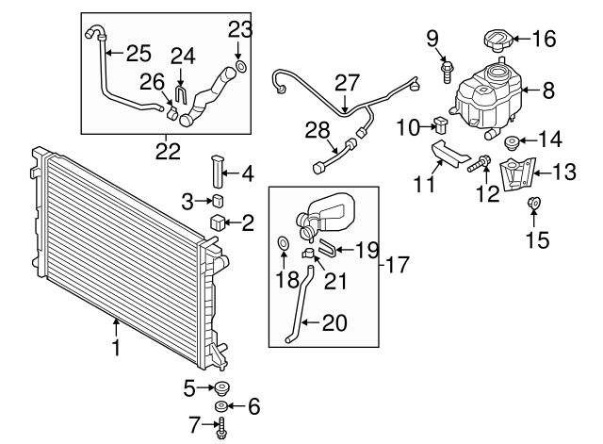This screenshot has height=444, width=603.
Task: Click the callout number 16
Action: pos(544,40)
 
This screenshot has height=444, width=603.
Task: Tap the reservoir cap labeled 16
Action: pos(495,42)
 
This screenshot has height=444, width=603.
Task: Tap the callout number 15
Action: pos(536,239)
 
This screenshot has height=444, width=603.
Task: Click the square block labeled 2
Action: pos(219,222)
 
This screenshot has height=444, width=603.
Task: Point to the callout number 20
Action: pos(334,323)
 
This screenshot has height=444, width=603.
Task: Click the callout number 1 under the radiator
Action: pos(116,348)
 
